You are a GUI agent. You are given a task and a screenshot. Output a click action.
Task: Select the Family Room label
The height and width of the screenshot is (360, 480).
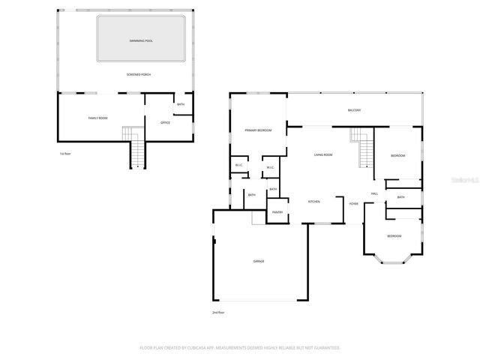(98, 118)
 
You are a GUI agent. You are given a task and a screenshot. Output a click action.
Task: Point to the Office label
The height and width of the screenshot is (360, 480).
(165, 122)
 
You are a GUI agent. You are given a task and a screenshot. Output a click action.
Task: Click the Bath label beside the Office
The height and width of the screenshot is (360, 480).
(181, 104)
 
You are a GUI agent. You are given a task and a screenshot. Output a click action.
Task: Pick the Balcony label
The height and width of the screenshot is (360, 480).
(354, 110)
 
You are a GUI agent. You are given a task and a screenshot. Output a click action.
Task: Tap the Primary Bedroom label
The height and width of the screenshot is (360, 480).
(258, 130)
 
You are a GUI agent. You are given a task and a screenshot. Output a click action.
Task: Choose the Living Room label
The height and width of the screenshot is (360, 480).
(323, 154)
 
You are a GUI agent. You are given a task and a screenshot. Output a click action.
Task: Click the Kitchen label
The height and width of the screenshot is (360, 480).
(315, 202)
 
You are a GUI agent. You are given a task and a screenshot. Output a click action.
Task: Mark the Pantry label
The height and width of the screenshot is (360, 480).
(277, 212)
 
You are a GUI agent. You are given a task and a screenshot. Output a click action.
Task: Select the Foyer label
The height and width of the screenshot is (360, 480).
(353, 203)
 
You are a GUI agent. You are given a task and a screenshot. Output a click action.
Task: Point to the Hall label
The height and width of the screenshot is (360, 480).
(373, 194)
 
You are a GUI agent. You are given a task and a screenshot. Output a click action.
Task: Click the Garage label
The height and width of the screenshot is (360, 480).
(258, 261)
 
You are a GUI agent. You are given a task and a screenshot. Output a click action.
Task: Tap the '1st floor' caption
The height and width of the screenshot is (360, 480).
(64, 154)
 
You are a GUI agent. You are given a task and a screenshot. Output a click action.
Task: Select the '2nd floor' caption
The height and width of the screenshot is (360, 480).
(218, 312)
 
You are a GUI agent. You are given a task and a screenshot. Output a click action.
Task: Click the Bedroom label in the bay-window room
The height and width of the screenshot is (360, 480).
(394, 236)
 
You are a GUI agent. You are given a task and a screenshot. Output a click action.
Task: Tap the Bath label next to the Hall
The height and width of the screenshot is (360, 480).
(401, 197)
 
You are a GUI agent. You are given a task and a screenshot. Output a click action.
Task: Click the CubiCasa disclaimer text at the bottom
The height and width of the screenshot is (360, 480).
(240, 348)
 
